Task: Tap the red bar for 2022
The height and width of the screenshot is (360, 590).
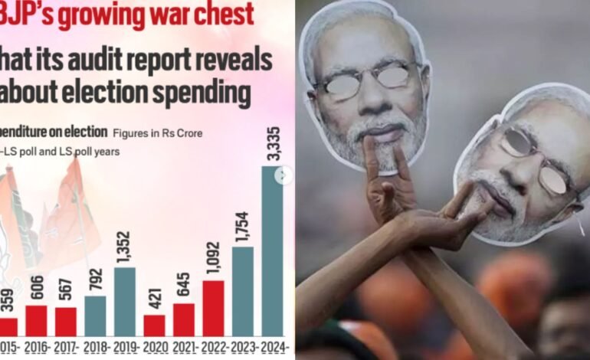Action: [213, 308]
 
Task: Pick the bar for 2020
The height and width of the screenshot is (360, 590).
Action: [154, 325]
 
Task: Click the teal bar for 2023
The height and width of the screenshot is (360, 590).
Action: [242, 291]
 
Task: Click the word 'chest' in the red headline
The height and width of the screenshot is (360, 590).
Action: [217, 15]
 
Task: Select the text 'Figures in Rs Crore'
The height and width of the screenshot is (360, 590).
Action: [157, 133]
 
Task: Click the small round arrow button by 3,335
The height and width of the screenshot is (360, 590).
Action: [285, 175]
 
